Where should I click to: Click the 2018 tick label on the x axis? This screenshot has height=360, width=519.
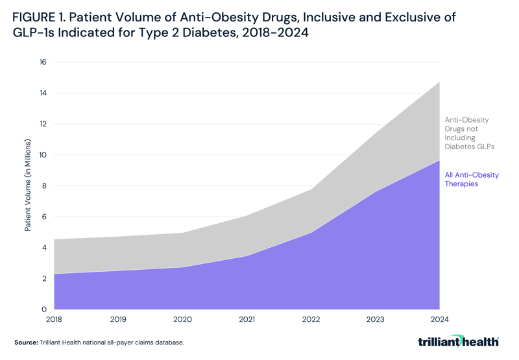pyautogui.click(x=54, y=319)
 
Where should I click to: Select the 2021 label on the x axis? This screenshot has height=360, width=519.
pyautogui.click(x=247, y=319)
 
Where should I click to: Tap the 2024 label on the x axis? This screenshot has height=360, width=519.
pyautogui.click(x=439, y=319)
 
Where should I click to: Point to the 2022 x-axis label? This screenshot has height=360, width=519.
pyautogui.click(x=311, y=319)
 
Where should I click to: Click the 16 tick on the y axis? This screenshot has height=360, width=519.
pyautogui.click(x=43, y=62)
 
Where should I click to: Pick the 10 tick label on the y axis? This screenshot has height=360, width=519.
pyautogui.click(x=43, y=155)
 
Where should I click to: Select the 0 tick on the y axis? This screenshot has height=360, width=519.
pyautogui.click(x=45, y=309)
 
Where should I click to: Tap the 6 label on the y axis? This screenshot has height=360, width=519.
pyautogui.click(x=45, y=217)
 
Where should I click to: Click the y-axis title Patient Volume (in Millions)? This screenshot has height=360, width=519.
pyautogui.click(x=28, y=185)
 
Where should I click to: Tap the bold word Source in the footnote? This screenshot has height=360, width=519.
pyautogui.click(x=26, y=342)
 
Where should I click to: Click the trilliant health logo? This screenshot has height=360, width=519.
pyautogui.click(x=458, y=341)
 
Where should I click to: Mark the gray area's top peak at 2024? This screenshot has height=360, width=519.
pyautogui.click(x=439, y=82)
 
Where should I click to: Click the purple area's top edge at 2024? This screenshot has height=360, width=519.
pyautogui.click(x=439, y=160)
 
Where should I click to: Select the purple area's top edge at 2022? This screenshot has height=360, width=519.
pyautogui.click(x=311, y=232)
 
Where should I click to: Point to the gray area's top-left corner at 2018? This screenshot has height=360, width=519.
pyautogui.click(x=55, y=239)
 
